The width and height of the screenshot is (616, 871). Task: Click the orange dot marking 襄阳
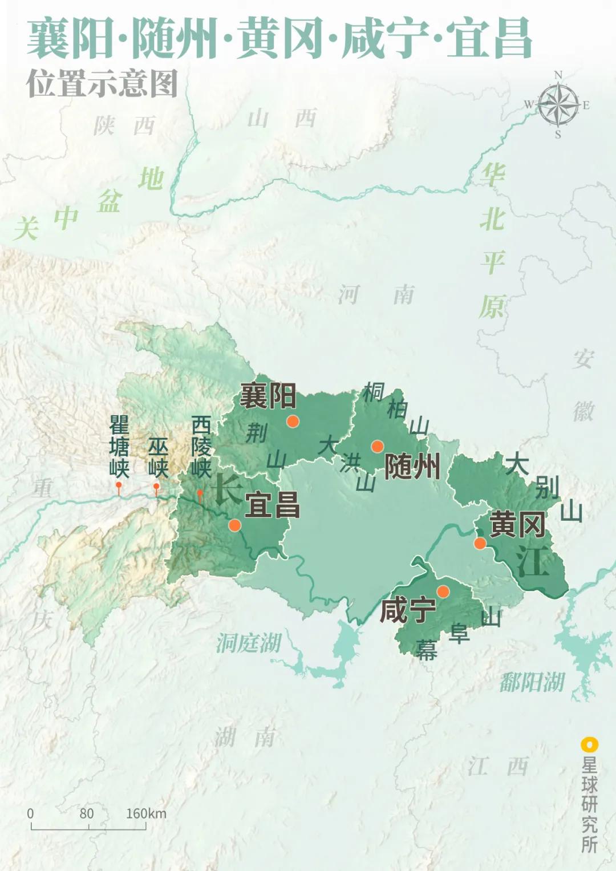(293, 422)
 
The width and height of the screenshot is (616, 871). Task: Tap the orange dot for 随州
(377, 446)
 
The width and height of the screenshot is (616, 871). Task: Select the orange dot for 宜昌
(234, 525)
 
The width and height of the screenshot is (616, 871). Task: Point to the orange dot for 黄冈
(480, 543)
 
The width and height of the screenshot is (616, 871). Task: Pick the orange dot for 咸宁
(443, 592)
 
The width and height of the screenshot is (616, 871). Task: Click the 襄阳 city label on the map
(268, 396)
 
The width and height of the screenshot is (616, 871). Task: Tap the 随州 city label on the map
(412, 467)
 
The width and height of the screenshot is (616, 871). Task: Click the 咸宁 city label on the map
(407, 610)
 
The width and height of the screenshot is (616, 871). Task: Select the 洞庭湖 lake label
(249, 643)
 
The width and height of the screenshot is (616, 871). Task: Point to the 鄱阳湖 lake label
(532, 682)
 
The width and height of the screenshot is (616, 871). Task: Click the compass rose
(558, 105)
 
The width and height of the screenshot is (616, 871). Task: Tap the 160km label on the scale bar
(146, 813)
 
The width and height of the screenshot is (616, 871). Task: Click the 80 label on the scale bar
(87, 813)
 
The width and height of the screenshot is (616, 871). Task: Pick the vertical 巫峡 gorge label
(157, 457)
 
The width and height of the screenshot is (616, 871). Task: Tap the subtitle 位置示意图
(102, 84)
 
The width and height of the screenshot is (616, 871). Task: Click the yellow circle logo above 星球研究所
(589, 745)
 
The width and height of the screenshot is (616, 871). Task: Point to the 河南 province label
(376, 295)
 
